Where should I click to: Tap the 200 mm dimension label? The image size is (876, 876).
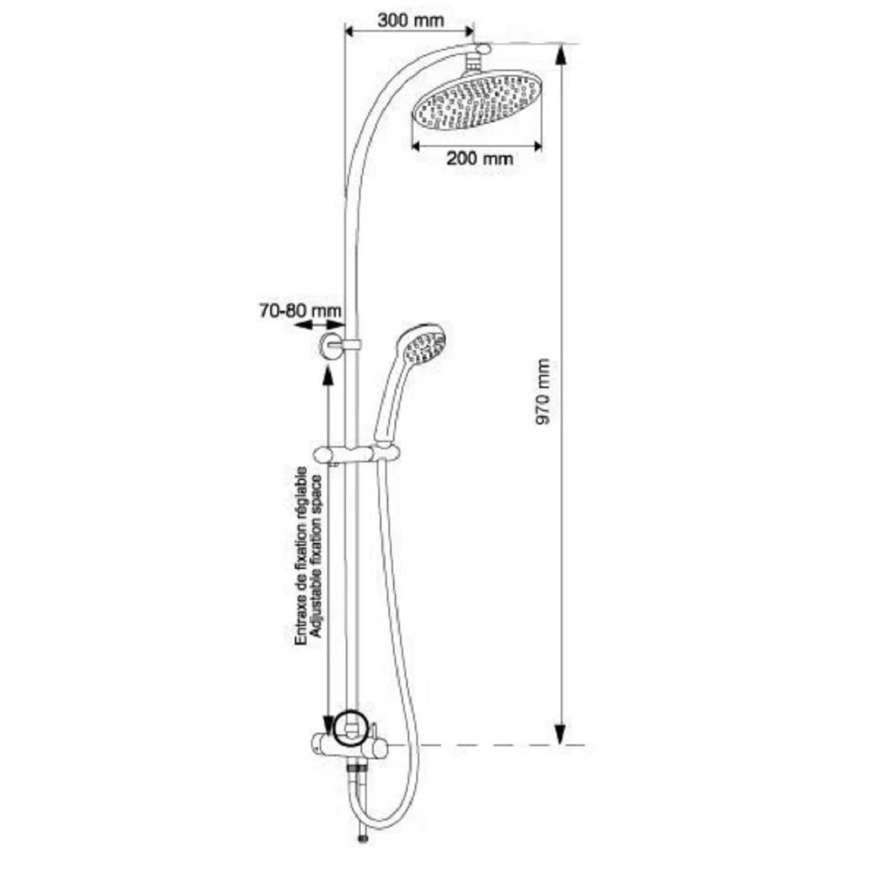click(477, 159)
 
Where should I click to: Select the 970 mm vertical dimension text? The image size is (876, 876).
click(545, 392)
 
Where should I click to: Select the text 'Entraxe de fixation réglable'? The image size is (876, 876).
click(300, 557)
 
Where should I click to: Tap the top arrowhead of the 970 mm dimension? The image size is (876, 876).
click(561, 54)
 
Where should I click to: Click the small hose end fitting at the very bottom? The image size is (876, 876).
click(361, 839)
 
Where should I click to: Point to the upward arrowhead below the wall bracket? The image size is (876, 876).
click(328, 375)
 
